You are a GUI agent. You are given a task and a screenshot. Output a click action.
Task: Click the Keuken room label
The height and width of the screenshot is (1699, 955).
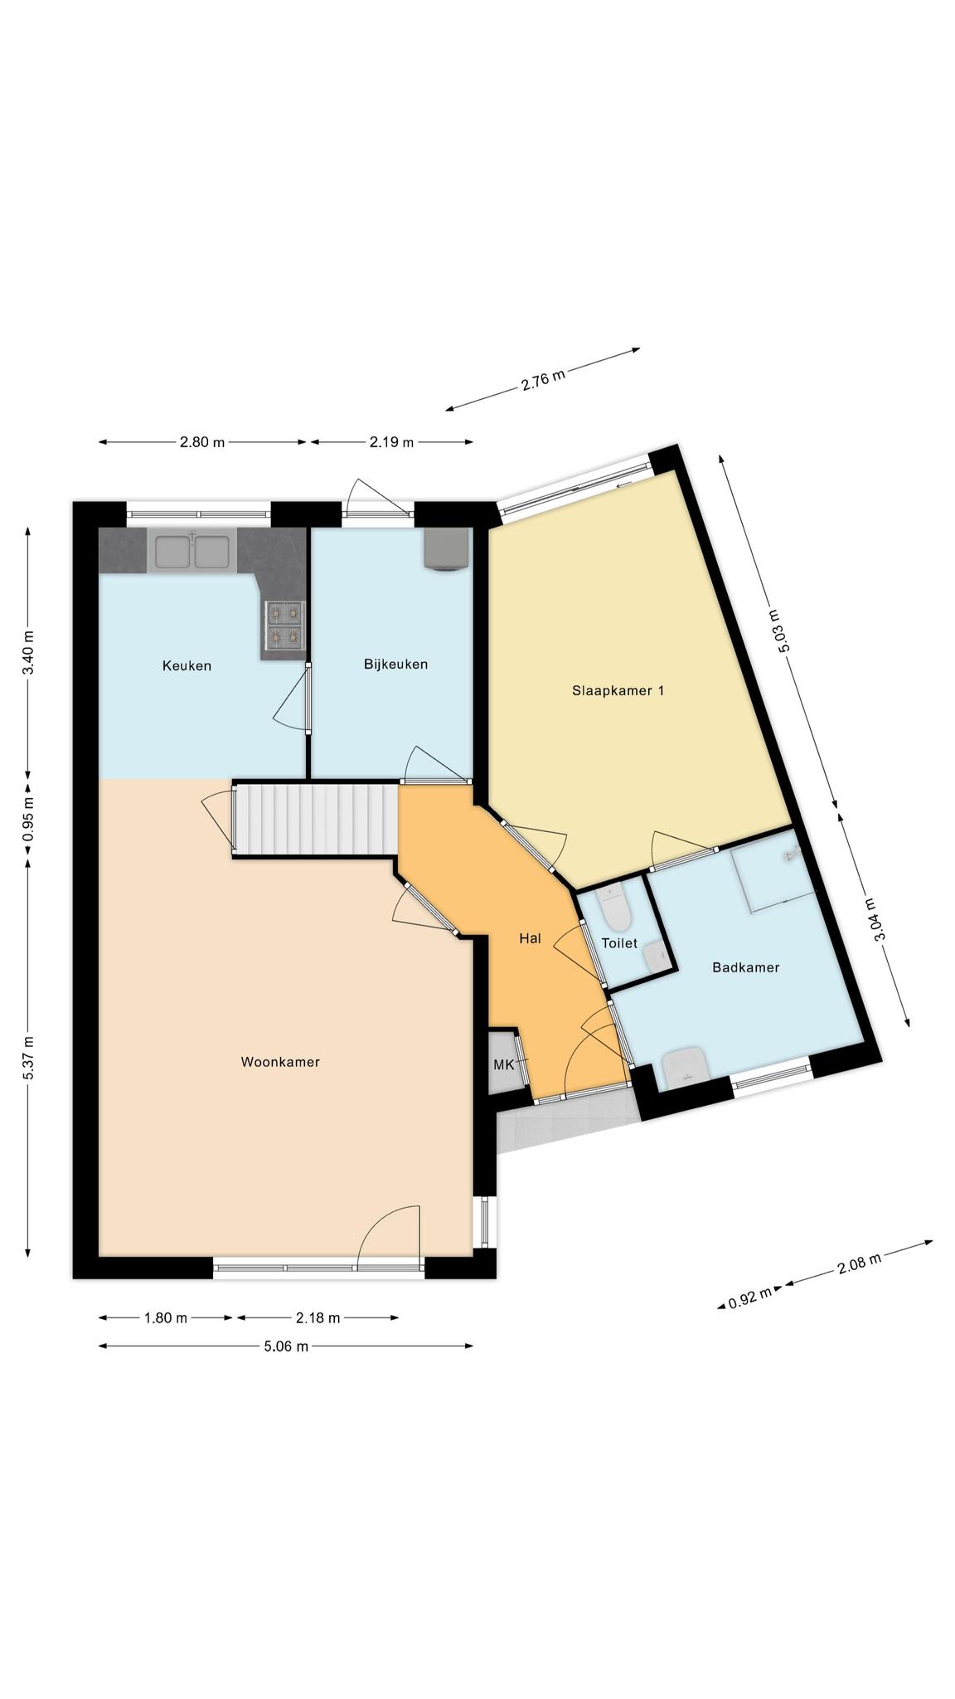pos(187,665)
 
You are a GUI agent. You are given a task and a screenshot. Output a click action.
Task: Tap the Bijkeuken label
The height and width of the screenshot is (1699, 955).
pos(395,664)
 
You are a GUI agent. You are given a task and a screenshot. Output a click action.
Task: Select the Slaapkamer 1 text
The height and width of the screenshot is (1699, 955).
pos(618,690)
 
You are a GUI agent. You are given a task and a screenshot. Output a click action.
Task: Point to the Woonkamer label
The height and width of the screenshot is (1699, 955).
pos(280,1062)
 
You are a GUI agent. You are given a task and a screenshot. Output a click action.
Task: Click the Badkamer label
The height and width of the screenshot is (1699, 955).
pos(746,967)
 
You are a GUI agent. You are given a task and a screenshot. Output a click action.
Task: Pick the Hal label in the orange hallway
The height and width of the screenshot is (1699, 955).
pos(530,938)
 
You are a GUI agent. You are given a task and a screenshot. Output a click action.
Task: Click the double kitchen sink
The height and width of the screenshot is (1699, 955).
pos(191,552)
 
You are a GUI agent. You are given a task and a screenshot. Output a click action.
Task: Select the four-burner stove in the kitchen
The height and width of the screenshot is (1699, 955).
pos(283,626)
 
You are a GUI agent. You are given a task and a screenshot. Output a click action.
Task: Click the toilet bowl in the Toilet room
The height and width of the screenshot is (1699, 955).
pos(615,909)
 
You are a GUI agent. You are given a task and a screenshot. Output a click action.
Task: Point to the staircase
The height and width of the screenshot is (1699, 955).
pos(318,818)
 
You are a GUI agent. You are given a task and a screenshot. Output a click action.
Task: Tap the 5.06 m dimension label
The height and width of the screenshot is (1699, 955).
pos(286,1346)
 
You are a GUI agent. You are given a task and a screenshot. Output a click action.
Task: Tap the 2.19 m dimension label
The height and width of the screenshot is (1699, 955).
pos(391,442)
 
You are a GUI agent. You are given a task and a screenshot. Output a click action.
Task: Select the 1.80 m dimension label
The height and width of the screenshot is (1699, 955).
pos(165,1317)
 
